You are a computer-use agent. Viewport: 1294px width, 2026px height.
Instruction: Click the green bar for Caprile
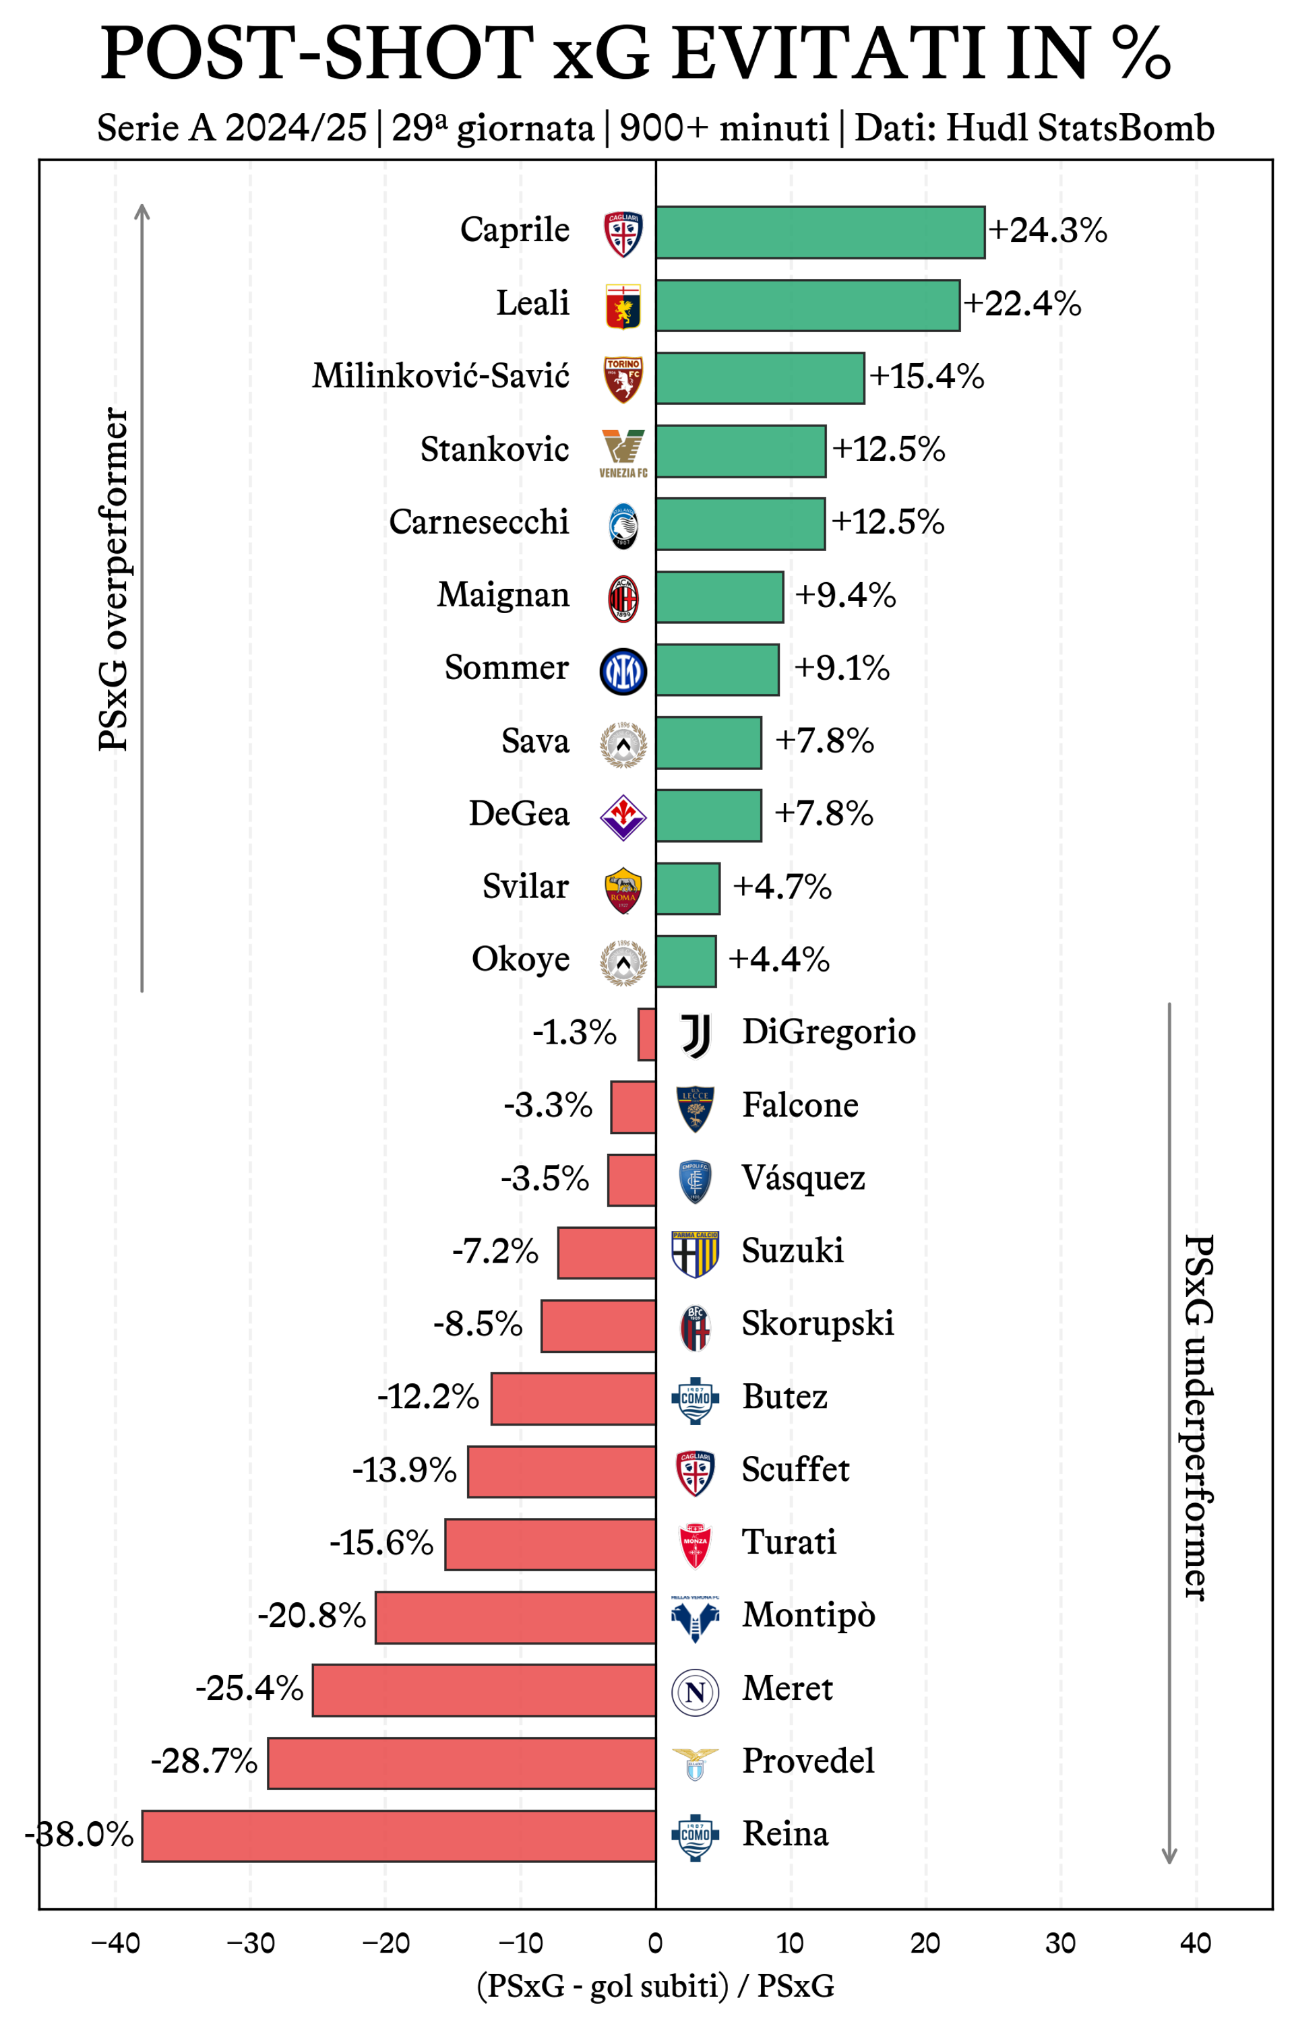(x=820, y=232)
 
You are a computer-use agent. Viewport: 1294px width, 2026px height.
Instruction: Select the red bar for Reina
(x=399, y=1835)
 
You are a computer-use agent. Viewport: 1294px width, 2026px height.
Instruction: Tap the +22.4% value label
(x=1022, y=304)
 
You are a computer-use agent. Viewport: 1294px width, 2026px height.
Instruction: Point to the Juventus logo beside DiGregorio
(x=695, y=1034)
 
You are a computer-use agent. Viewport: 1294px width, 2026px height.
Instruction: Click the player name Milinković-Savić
(x=440, y=376)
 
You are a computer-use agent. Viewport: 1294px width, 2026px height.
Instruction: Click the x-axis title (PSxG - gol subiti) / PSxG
(x=655, y=1986)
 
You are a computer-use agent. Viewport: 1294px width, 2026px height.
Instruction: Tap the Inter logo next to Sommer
(x=623, y=672)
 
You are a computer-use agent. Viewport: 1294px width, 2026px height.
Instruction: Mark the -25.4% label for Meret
(x=249, y=1688)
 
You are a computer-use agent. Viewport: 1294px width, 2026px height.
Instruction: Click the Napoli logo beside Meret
(x=695, y=1692)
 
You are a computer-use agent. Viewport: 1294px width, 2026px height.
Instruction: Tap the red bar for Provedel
(x=461, y=1763)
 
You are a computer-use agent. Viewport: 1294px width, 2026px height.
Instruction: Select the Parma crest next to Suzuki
(x=695, y=1254)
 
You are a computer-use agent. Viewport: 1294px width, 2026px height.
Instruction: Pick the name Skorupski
(x=817, y=1323)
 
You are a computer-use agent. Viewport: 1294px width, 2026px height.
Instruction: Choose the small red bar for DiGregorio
(x=646, y=1034)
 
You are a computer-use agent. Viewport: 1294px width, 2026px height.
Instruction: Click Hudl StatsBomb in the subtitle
(x=1080, y=128)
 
